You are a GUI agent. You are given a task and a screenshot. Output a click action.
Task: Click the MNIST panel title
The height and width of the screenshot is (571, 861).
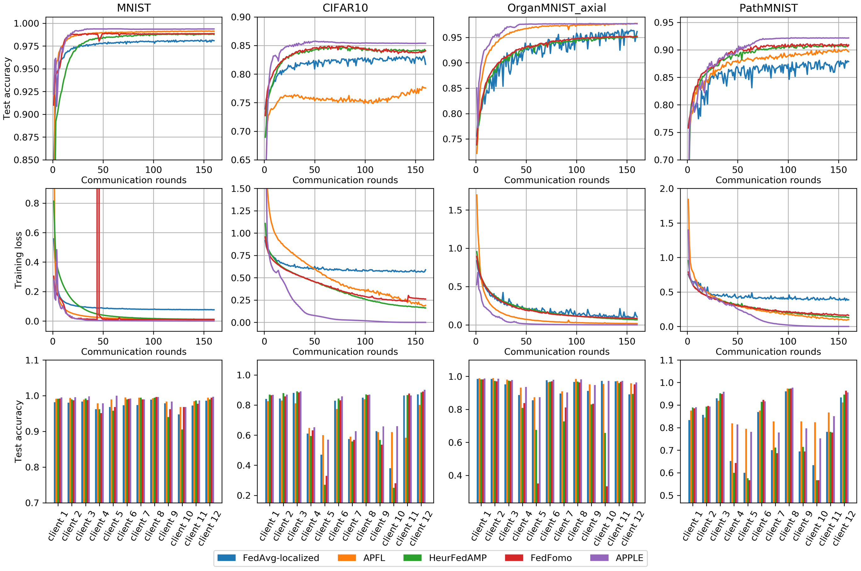(134, 8)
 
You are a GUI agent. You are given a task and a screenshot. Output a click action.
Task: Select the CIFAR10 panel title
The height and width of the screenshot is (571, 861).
(345, 8)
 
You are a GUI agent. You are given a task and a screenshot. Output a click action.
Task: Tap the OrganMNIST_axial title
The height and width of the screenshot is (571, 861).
(556, 8)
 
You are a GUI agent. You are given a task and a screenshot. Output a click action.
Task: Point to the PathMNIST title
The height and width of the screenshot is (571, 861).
(768, 8)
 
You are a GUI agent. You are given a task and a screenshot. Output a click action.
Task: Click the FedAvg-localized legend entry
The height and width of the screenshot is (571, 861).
(268, 558)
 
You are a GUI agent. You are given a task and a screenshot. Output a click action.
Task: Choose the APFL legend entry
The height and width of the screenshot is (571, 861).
(361, 558)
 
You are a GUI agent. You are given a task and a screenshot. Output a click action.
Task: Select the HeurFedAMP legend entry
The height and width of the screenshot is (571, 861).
(445, 558)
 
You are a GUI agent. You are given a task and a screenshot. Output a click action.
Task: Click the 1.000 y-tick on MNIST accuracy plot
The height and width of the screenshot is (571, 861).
(26, 24)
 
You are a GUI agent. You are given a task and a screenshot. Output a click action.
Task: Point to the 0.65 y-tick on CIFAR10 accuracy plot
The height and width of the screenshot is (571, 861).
(241, 160)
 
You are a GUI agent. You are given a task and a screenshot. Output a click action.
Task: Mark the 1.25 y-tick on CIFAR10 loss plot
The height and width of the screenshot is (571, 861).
(241, 211)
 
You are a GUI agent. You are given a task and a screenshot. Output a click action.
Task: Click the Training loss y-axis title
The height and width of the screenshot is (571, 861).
(18, 260)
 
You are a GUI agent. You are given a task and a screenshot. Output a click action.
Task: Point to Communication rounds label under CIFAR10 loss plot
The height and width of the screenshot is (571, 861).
(345, 352)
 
